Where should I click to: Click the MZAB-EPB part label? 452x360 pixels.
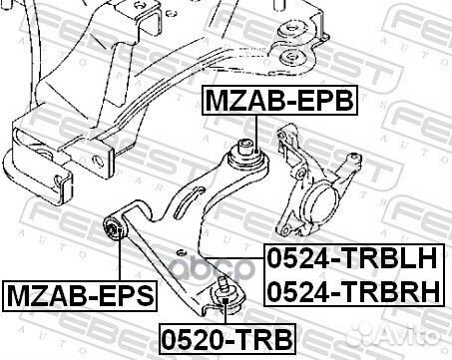click(x=279, y=100)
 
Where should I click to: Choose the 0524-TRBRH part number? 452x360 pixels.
click(x=351, y=292)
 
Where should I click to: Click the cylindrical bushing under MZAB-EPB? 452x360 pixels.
click(x=245, y=154)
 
